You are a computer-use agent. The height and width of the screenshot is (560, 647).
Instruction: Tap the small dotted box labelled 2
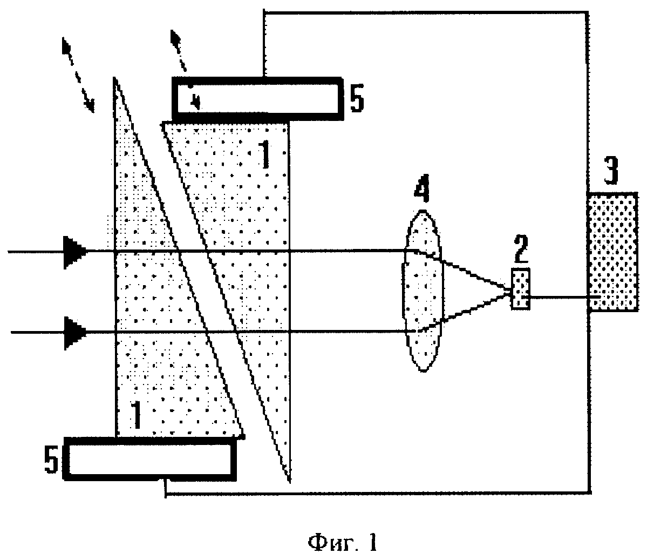521,288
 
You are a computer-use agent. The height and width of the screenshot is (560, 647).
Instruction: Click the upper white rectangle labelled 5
257,99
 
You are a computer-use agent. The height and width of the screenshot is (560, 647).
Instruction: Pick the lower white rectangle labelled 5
150,459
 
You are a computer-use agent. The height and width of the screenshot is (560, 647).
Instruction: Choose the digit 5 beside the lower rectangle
51,460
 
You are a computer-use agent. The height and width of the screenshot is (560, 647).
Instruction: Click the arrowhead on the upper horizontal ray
75,252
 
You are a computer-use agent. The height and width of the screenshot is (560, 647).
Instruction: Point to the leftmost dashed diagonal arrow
78,75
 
